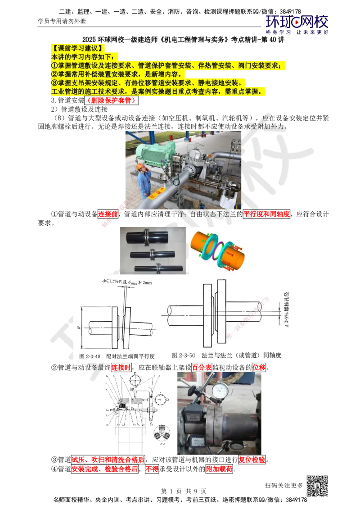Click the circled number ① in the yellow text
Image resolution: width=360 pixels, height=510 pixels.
click(x=54, y=66)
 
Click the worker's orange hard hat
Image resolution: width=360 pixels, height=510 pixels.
click(x=140, y=167)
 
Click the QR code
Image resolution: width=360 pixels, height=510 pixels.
click(x=316, y=486)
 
